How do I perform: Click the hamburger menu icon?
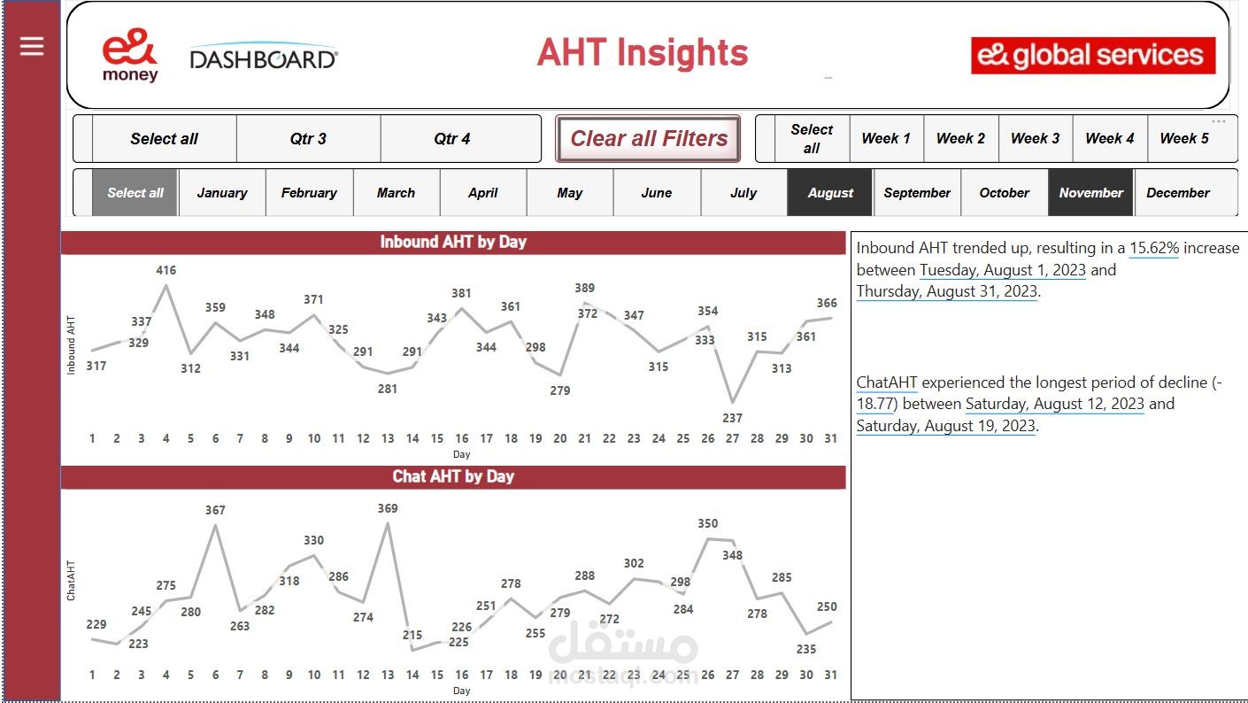pyautogui.click(x=32, y=46)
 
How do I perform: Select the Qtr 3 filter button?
pyautogui.click(x=308, y=139)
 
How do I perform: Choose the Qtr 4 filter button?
pyautogui.click(x=452, y=139)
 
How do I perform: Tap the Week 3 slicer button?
pyautogui.click(x=1036, y=139)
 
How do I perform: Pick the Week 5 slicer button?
pyautogui.click(x=1184, y=139)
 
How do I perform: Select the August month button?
pyautogui.click(x=830, y=193)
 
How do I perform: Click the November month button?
pyautogui.click(x=1090, y=193)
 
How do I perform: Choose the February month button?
pyautogui.click(x=309, y=193)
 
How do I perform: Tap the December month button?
pyautogui.click(x=1178, y=193)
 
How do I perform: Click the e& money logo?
pyautogui.click(x=130, y=55)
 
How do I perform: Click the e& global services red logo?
pyautogui.click(x=1093, y=55)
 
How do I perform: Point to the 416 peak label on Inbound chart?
pyautogui.click(x=166, y=270)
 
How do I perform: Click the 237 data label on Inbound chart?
pyautogui.click(x=732, y=418)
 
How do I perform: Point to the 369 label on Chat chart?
pyautogui.click(x=388, y=508)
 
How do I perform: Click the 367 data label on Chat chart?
pyautogui.click(x=215, y=510)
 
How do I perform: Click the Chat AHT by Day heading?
pyautogui.click(x=453, y=476)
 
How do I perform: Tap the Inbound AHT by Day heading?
pyautogui.click(x=453, y=242)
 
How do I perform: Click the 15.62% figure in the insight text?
pyautogui.click(x=1154, y=248)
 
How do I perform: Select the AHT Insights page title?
pyautogui.click(x=643, y=53)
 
